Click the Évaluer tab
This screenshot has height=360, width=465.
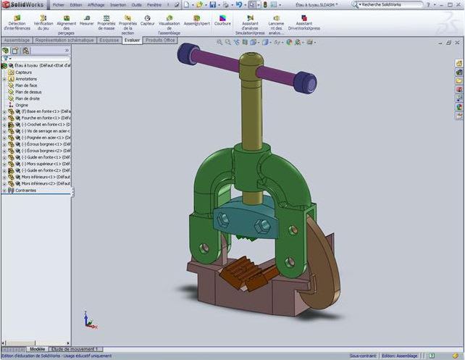(132, 41)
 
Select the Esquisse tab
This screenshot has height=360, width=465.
(109, 41)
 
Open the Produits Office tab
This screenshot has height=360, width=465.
(161, 41)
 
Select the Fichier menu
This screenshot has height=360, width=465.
(59, 4)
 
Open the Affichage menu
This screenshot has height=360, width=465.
(96, 4)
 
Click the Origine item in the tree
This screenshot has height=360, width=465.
(22, 105)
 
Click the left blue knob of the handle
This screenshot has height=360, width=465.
(188, 53)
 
